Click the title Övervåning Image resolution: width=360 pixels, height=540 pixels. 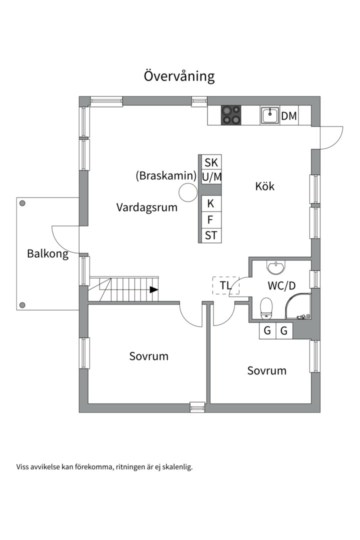[179, 76]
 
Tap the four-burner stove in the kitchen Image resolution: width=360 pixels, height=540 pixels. [230, 115]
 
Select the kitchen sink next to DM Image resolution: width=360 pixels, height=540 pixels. [269, 115]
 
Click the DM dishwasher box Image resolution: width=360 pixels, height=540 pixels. [289, 116]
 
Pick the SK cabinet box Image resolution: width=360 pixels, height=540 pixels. [211, 162]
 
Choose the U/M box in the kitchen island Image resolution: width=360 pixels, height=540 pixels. [211, 177]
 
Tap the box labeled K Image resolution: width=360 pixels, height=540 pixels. [211, 203]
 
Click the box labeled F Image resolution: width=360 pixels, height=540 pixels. [211, 219]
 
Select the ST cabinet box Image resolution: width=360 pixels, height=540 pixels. [211, 235]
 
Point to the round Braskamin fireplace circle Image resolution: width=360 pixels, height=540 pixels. [188, 192]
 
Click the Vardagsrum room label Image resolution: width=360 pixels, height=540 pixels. [147, 207]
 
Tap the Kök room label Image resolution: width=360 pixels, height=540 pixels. [265, 186]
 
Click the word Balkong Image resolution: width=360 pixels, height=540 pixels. [47, 253]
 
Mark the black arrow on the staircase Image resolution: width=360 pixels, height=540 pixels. [154, 289]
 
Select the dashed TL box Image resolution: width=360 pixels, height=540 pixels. [225, 285]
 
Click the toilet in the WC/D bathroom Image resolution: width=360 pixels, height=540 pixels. [266, 307]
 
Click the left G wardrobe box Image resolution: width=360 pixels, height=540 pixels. [267, 330]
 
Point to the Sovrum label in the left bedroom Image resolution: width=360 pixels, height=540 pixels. [148, 356]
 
